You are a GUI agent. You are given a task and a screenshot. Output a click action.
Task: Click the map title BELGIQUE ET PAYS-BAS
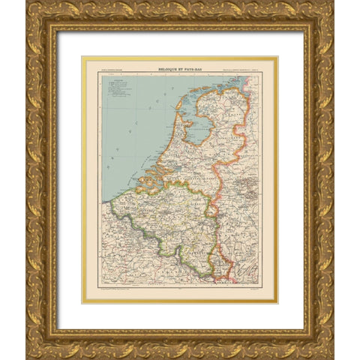pyautogui.click(x=180, y=68)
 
